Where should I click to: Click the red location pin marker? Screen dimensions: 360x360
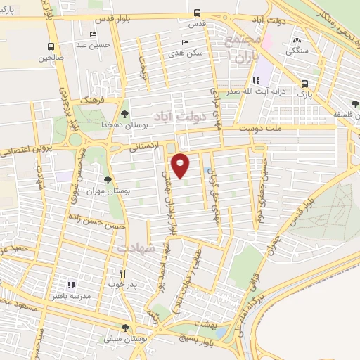[x=181, y=165]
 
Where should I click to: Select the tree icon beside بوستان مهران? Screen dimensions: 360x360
[x=108, y=181]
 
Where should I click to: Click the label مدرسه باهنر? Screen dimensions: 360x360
[x=71, y=297]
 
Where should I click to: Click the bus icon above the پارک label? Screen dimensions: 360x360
[x=305, y=82]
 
